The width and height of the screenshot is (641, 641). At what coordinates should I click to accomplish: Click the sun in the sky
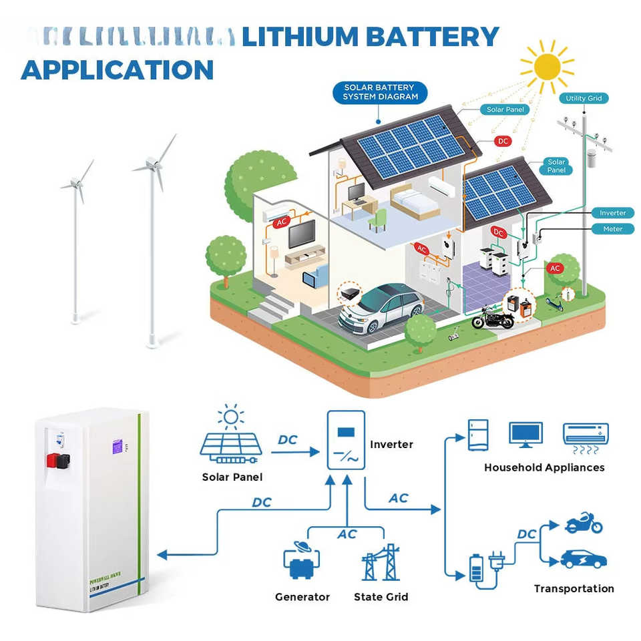[x=548, y=65]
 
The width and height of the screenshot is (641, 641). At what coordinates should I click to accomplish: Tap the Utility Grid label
[x=584, y=98]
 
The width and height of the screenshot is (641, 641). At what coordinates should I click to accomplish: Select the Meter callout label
[x=612, y=229]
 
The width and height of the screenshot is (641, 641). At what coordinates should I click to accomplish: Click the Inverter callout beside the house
[x=612, y=213]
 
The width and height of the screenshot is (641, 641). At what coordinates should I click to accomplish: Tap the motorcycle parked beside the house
[x=493, y=318]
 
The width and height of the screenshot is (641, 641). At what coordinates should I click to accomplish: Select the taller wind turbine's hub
[x=152, y=163]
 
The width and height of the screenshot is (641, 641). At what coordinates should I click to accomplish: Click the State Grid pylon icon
[x=381, y=562]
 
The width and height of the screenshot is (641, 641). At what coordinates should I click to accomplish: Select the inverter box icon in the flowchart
[x=346, y=441]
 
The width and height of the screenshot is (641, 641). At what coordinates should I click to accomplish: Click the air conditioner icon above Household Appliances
[x=586, y=434]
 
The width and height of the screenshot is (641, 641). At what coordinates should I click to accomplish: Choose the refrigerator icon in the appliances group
[x=478, y=435]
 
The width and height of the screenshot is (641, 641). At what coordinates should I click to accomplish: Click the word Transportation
[x=574, y=588]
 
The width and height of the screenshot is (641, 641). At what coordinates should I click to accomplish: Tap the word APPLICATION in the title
[x=118, y=69]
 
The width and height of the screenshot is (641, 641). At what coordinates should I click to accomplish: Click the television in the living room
[x=302, y=234]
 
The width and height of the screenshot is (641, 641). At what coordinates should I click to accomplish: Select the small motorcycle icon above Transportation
[x=584, y=523]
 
